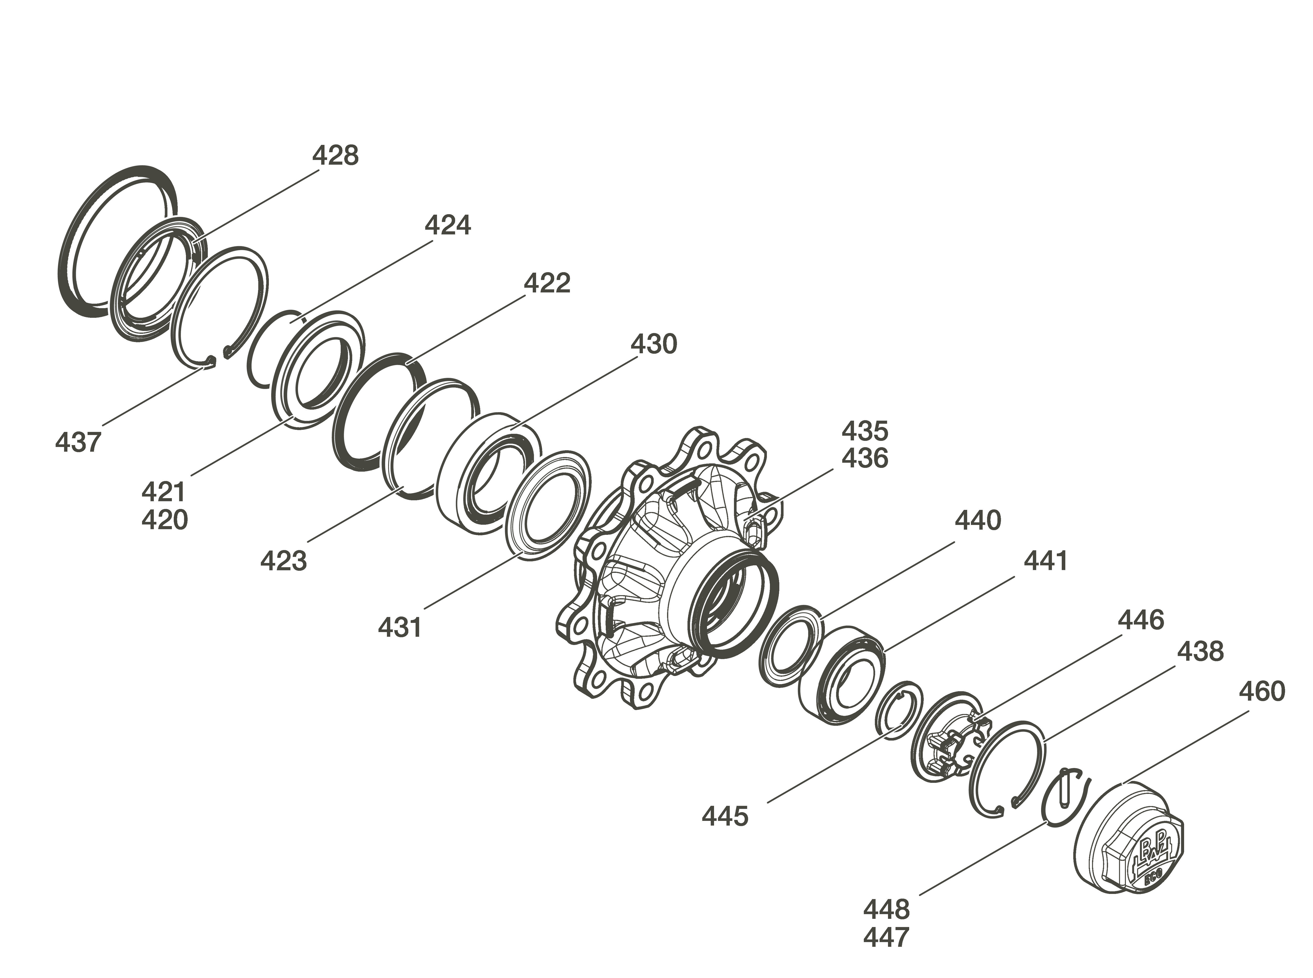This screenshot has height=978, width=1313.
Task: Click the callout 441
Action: [1046, 561]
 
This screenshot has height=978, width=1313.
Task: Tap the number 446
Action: [1141, 620]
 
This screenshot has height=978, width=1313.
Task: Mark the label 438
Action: [1200, 651]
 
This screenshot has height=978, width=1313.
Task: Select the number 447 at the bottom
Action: [886, 937]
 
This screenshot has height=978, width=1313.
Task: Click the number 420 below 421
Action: [164, 520]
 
